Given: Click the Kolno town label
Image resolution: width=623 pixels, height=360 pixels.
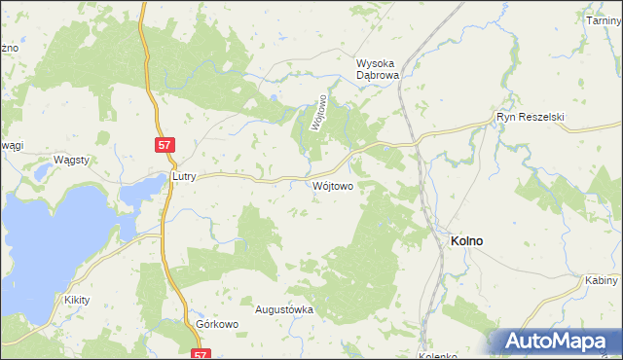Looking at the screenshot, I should [x=467, y=240].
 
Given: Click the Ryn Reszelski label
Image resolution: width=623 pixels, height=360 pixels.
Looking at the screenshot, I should [x=531, y=117].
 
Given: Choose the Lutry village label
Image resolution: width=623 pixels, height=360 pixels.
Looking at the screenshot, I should [x=184, y=177].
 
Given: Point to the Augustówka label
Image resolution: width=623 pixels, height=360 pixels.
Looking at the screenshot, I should [x=283, y=309].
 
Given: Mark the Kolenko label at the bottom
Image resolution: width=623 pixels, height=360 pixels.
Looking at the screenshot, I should [x=437, y=355].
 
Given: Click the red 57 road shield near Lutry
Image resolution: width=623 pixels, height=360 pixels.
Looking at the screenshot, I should [x=165, y=145].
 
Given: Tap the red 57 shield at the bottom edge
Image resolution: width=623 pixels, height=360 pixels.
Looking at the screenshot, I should [x=201, y=355].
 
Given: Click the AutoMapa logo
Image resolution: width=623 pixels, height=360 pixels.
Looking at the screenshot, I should [x=554, y=341].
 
